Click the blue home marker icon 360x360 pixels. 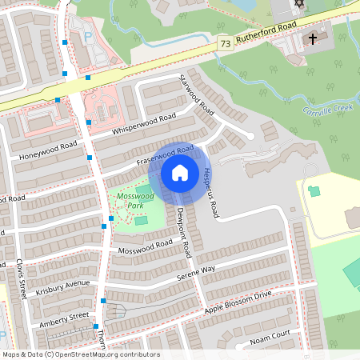click(x=179, y=173)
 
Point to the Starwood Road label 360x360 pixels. click(x=196, y=94)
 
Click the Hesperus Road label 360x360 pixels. click(x=210, y=191)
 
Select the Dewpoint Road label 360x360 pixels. click(x=183, y=231)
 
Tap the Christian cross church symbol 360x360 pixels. click(x=314, y=38)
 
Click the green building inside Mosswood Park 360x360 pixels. click(x=142, y=220)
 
